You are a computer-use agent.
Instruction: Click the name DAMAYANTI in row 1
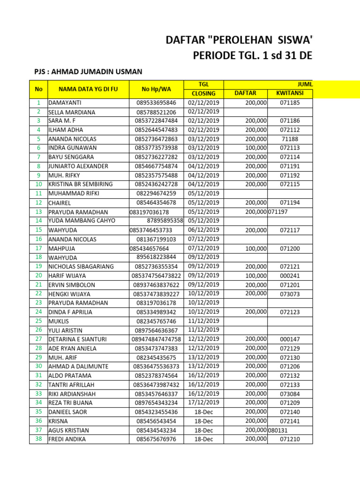point(65,103)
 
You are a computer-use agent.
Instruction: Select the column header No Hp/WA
point(156,89)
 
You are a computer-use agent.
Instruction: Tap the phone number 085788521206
point(156,112)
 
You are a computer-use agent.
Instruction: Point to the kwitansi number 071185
point(290,103)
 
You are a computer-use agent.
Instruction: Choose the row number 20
point(38,275)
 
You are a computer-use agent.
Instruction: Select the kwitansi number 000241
point(290,276)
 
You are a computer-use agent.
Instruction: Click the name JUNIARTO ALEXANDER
point(78,166)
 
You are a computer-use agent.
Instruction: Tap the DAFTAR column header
point(245,93)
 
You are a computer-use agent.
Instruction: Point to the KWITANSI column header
point(290,93)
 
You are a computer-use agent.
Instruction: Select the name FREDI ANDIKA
point(67,439)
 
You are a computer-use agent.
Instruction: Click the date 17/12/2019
point(203,402)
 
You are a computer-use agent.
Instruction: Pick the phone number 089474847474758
point(156,339)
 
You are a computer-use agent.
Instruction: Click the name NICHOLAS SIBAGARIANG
point(81,266)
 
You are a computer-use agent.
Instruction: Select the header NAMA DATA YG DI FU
point(88,89)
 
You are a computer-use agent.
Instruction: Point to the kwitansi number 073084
point(290,394)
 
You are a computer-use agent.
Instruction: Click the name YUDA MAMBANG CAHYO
point(82,221)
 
